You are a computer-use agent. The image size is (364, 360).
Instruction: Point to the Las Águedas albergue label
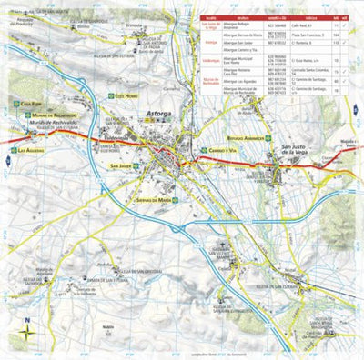29,150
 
